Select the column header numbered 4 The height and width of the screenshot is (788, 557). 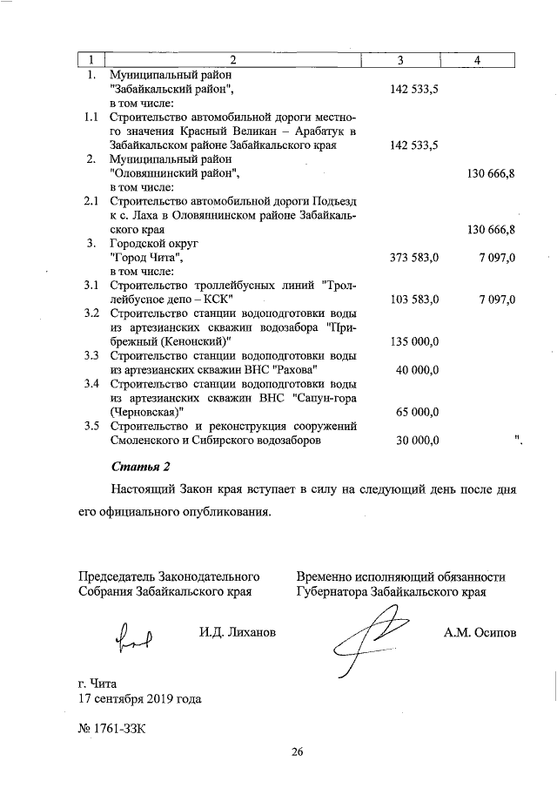coord(478,59)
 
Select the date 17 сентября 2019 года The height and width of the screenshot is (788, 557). coord(140,698)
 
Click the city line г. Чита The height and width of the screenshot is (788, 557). coord(97,683)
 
